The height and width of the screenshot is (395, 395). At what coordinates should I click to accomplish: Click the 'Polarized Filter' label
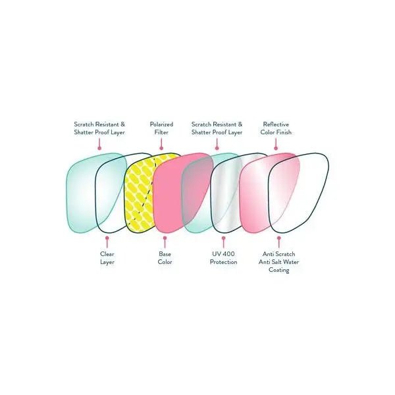point(161,128)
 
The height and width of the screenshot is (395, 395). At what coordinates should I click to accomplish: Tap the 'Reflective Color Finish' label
point(276,128)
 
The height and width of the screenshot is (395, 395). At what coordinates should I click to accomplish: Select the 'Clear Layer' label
point(107,258)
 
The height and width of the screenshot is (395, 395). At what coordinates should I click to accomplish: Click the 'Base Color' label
point(165,258)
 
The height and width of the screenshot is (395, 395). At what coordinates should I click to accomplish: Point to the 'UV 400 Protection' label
point(223,258)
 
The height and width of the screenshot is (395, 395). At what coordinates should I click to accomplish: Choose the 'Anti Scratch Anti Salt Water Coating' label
point(278,262)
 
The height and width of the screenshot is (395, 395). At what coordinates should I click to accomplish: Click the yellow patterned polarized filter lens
point(141,194)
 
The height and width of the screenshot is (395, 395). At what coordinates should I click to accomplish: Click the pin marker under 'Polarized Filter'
point(161,144)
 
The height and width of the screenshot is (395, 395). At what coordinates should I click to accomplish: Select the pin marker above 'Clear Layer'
point(107,242)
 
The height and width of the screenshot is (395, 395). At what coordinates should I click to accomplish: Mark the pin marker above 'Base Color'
point(165,242)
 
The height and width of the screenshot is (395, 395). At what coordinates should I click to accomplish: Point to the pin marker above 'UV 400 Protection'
point(223,242)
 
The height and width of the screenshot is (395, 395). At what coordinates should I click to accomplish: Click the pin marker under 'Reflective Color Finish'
point(276,144)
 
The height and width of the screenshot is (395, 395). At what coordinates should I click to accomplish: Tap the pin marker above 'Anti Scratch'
point(279,242)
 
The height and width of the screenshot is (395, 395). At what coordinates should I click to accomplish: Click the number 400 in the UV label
point(228,254)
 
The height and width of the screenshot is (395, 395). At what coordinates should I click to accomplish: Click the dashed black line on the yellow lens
point(146,192)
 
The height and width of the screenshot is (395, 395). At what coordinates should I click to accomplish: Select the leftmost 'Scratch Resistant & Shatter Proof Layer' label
point(99,128)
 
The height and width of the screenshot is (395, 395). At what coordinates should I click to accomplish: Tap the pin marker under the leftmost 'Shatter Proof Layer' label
point(99,144)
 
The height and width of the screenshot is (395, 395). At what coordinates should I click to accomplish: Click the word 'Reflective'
point(276,124)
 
